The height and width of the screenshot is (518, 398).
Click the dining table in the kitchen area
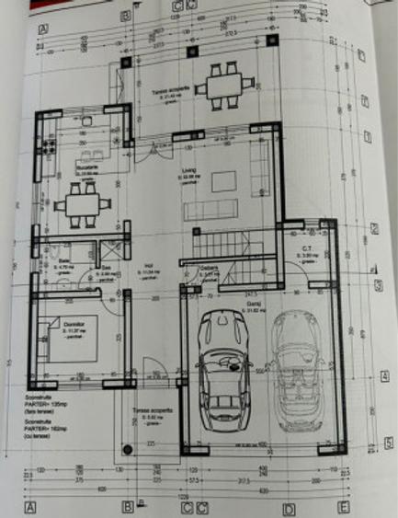click(x=78, y=204)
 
